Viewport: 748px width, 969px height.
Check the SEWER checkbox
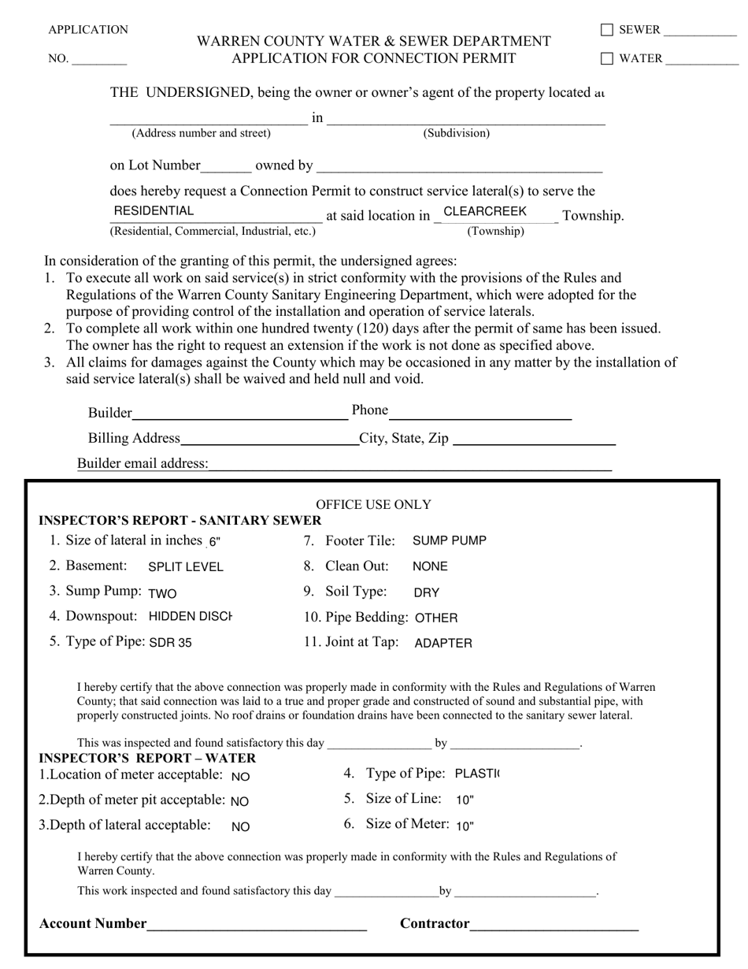click(x=607, y=30)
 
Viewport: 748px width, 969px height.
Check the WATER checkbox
click(x=607, y=58)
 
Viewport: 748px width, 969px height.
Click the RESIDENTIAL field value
click(x=154, y=211)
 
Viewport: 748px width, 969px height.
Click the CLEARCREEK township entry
click(x=485, y=211)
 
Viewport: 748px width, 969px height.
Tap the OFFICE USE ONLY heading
click(x=373, y=504)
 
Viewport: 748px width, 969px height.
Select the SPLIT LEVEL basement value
click(x=186, y=567)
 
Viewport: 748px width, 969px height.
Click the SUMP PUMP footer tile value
click(x=450, y=540)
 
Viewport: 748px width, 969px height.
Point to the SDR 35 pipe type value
click(x=170, y=643)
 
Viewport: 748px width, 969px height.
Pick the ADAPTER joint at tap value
click(x=443, y=644)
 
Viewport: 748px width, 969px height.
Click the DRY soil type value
click(x=426, y=592)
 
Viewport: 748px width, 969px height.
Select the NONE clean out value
click(x=430, y=566)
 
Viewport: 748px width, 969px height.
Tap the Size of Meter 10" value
click(x=465, y=826)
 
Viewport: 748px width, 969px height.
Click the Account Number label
click(x=93, y=923)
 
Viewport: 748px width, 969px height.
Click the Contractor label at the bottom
click(x=435, y=923)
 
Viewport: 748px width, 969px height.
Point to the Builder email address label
click(x=143, y=463)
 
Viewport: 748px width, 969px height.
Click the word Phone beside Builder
click(x=370, y=410)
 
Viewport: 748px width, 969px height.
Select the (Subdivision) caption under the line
click(x=457, y=133)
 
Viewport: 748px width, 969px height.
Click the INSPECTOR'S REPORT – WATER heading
click(x=147, y=758)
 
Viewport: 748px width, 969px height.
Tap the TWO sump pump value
click(x=162, y=593)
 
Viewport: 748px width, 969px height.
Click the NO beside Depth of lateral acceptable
click(x=241, y=827)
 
